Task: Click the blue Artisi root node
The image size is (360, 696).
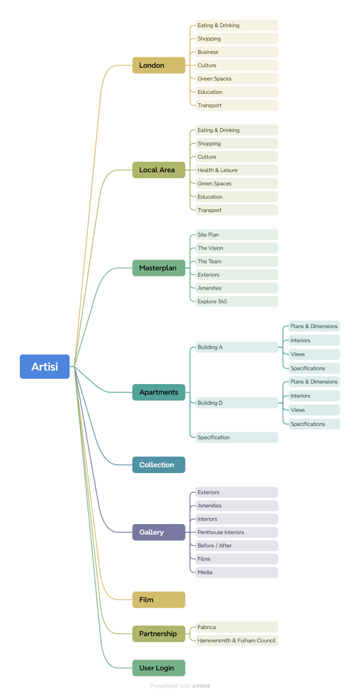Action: pos(45,367)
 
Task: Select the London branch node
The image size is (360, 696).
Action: pos(158,65)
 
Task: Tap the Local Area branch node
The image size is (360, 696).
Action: pos(158,170)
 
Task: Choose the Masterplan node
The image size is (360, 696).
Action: pos(158,268)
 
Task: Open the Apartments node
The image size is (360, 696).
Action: pos(158,392)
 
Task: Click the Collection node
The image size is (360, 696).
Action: pos(158,465)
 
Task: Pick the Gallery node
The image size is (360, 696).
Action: pos(158,532)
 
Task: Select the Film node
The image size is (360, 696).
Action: pos(158,600)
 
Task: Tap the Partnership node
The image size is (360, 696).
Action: pos(158,634)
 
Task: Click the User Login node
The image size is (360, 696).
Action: pos(158,668)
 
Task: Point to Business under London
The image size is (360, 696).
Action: pos(237,52)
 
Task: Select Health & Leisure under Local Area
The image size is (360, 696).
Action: pos(237,170)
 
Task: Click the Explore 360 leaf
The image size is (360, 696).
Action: pos(237,302)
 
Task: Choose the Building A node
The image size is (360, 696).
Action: pos(237,347)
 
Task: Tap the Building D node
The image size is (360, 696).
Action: pos(237,403)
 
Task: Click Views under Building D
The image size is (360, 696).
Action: pos(314,410)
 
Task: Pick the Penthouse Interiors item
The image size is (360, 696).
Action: pos(237,532)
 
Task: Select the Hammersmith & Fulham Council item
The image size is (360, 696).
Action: pos(237,641)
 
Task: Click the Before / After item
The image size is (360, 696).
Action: pos(237,546)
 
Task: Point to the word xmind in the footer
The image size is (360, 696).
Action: pos(202,686)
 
